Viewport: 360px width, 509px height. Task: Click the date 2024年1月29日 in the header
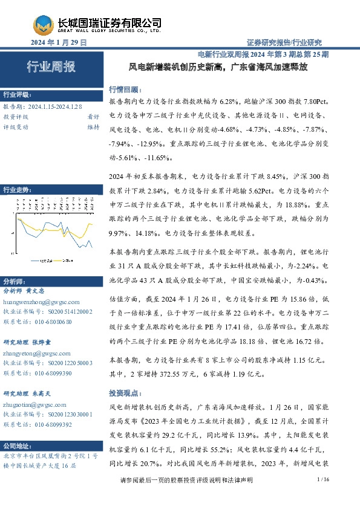59,42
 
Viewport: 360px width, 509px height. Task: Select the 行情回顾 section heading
123,88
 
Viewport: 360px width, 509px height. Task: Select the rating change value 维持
93,127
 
